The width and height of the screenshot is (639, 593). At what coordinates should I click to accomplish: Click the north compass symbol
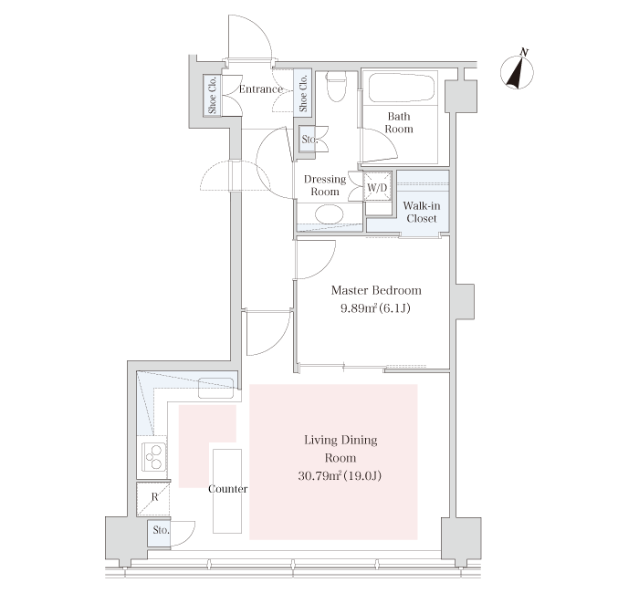pyautogui.click(x=518, y=72)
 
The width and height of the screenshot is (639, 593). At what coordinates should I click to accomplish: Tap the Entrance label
pyautogui.click(x=261, y=89)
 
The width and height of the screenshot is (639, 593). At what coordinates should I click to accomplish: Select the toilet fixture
pyautogui.click(x=337, y=87)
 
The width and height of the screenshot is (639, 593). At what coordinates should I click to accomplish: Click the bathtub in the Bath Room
pyautogui.click(x=402, y=88)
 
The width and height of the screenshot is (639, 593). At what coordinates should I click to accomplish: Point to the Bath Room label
pyautogui.click(x=399, y=122)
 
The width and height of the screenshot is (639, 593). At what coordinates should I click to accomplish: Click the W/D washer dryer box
pyautogui.click(x=377, y=187)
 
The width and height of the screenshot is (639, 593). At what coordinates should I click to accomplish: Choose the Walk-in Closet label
pyautogui.click(x=422, y=212)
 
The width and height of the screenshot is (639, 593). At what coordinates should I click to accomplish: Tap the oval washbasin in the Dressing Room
pyautogui.click(x=330, y=214)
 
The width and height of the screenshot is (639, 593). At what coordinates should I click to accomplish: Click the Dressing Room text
pyautogui.click(x=325, y=185)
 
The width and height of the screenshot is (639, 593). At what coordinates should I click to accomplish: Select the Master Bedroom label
pyautogui.click(x=376, y=290)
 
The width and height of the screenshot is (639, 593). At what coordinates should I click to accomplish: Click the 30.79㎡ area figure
pyautogui.click(x=319, y=475)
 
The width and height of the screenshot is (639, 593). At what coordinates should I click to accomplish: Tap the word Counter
pyautogui.click(x=228, y=489)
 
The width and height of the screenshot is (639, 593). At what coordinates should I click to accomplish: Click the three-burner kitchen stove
pyautogui.click(x=153, y=457)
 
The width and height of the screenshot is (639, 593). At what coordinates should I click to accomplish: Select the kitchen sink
pyautogui.click(x=216, y=388)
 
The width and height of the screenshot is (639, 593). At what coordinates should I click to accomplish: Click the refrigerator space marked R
pyautogui.click(x=153, y=498)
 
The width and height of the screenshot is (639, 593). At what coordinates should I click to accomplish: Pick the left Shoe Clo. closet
pyautogui.click(x=213, y=95)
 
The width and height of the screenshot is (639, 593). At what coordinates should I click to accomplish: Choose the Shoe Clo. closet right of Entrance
pyautogui.click(x=303, y=93)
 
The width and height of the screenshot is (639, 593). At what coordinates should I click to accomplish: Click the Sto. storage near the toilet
pyautogui.click(x=308, y=140)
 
